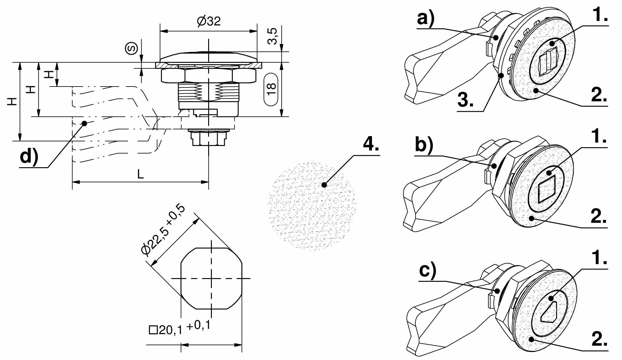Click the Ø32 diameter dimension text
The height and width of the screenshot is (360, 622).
coord(208,21)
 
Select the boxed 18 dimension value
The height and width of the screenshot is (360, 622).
coord(271,89)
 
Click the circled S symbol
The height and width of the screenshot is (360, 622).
coord(131,49)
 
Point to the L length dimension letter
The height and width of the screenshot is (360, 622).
coord(140,175)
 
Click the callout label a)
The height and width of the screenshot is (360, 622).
coord(426,18)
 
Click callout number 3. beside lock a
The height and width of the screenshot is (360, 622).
coord(465,100)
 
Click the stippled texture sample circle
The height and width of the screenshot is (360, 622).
coord(312,206)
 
